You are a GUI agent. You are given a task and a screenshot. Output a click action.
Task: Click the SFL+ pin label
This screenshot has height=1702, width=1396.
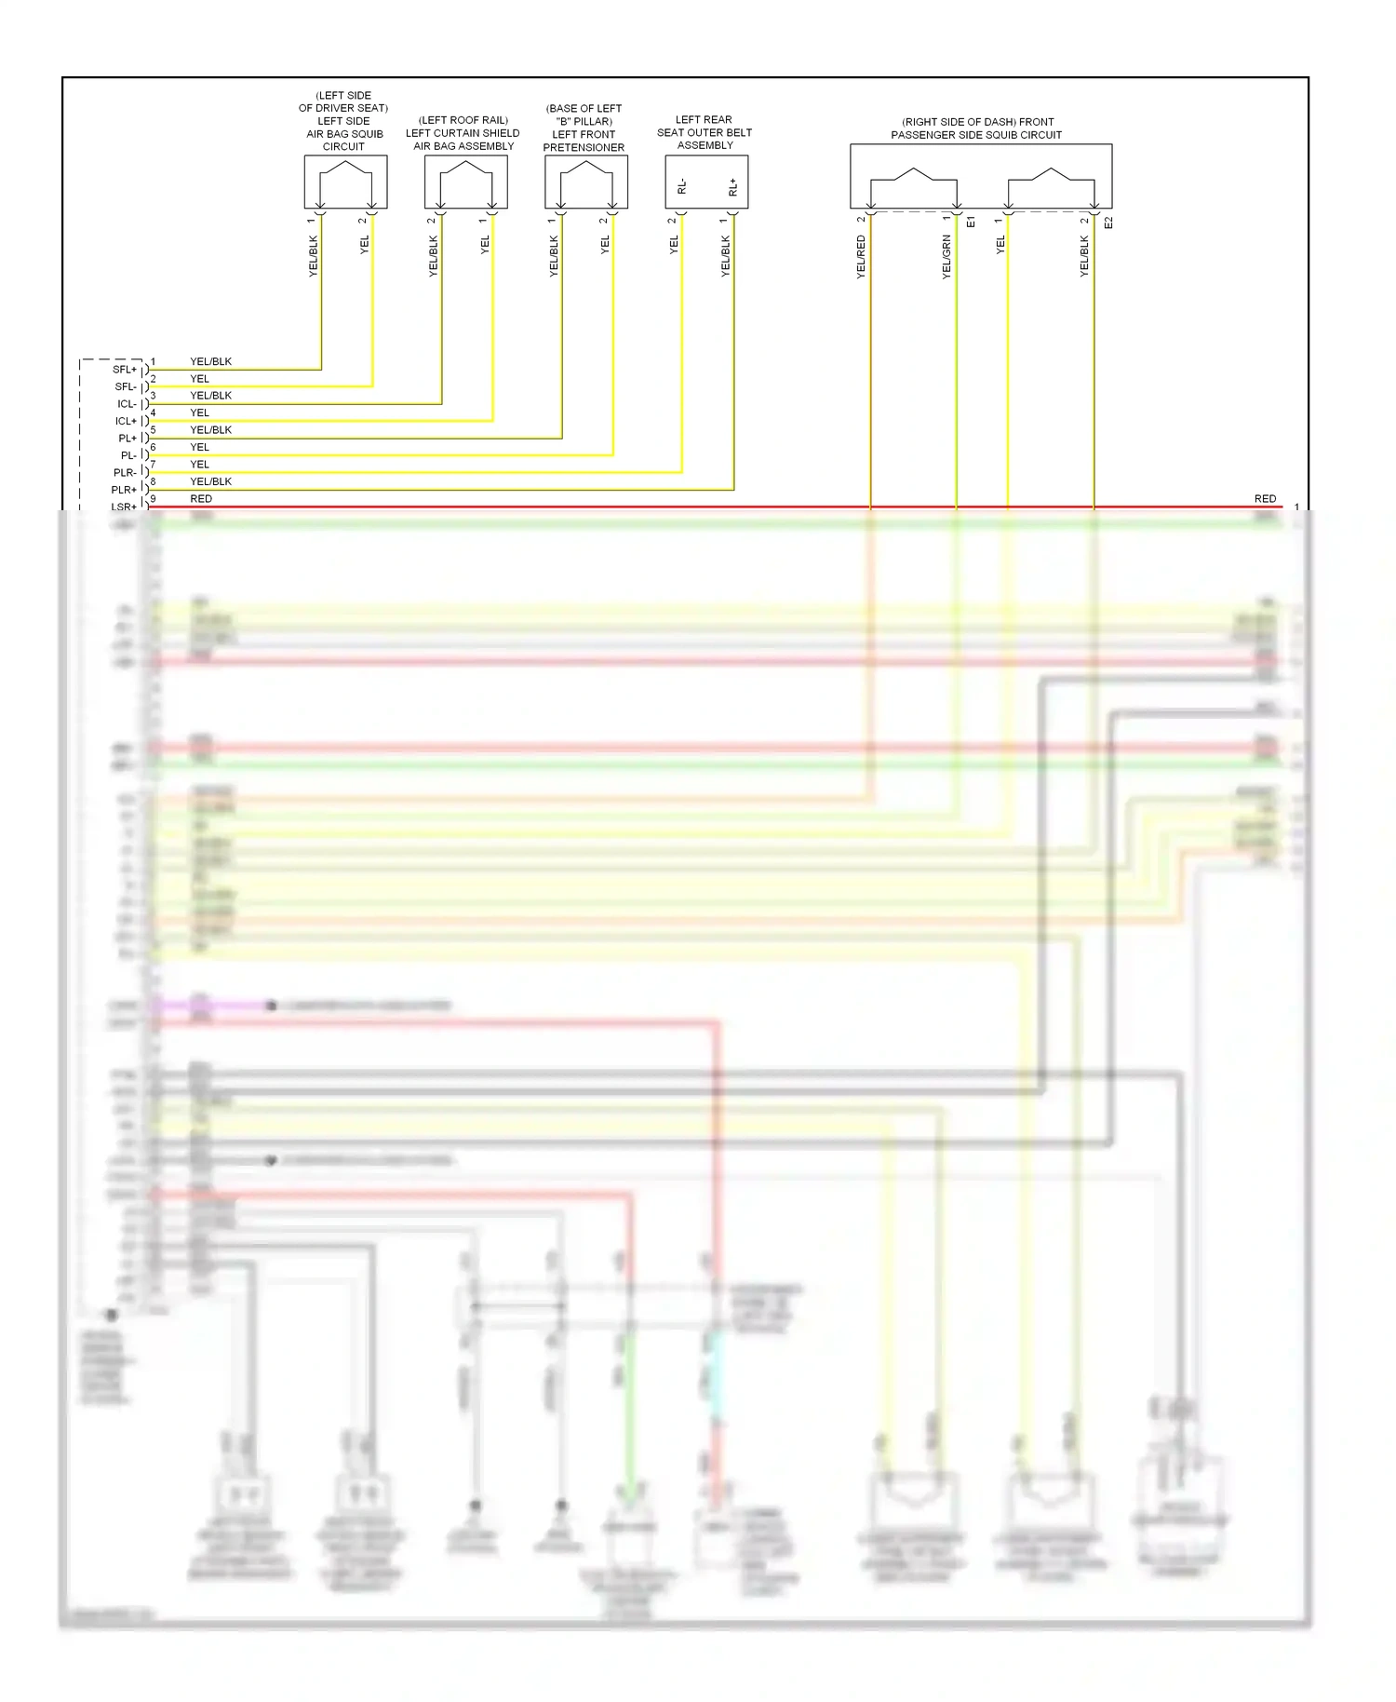124,370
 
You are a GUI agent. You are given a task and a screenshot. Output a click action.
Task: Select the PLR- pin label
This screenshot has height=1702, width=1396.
124,473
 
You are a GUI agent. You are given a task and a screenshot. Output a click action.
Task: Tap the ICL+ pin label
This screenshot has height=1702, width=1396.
125,421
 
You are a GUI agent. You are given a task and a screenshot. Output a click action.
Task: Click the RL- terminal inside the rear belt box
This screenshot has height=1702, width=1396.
682,187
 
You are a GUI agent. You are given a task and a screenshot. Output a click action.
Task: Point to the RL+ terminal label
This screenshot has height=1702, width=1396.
733,187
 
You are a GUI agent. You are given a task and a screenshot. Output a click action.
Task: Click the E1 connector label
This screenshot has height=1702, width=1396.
971,223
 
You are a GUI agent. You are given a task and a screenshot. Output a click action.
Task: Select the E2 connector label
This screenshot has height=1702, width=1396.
1107,223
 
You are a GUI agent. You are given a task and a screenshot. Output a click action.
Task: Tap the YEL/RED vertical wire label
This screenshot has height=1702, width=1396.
861,257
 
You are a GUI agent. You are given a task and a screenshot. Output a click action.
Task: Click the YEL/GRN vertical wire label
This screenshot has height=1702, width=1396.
946,257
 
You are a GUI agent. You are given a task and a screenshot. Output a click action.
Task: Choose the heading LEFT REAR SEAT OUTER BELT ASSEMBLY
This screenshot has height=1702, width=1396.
705,132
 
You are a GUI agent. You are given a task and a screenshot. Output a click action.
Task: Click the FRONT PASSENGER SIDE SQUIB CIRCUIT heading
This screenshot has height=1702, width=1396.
976,128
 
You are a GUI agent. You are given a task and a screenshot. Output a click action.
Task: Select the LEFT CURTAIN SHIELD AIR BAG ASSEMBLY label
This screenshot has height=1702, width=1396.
463,133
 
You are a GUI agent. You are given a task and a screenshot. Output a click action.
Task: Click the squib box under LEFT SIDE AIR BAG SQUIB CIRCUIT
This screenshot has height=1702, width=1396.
345,182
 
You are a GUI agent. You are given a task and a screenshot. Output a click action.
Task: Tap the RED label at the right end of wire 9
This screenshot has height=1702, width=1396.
1265,499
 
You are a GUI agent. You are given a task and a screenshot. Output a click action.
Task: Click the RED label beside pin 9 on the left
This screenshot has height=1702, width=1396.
201,499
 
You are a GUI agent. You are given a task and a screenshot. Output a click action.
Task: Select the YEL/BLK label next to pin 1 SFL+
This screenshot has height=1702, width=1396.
210,361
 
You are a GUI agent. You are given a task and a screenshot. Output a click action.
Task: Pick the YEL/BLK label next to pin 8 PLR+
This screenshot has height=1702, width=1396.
210,481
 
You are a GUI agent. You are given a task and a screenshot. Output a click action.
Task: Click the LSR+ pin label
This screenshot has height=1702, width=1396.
124,507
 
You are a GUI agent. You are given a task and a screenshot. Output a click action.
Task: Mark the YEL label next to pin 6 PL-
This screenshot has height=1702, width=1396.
199,447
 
